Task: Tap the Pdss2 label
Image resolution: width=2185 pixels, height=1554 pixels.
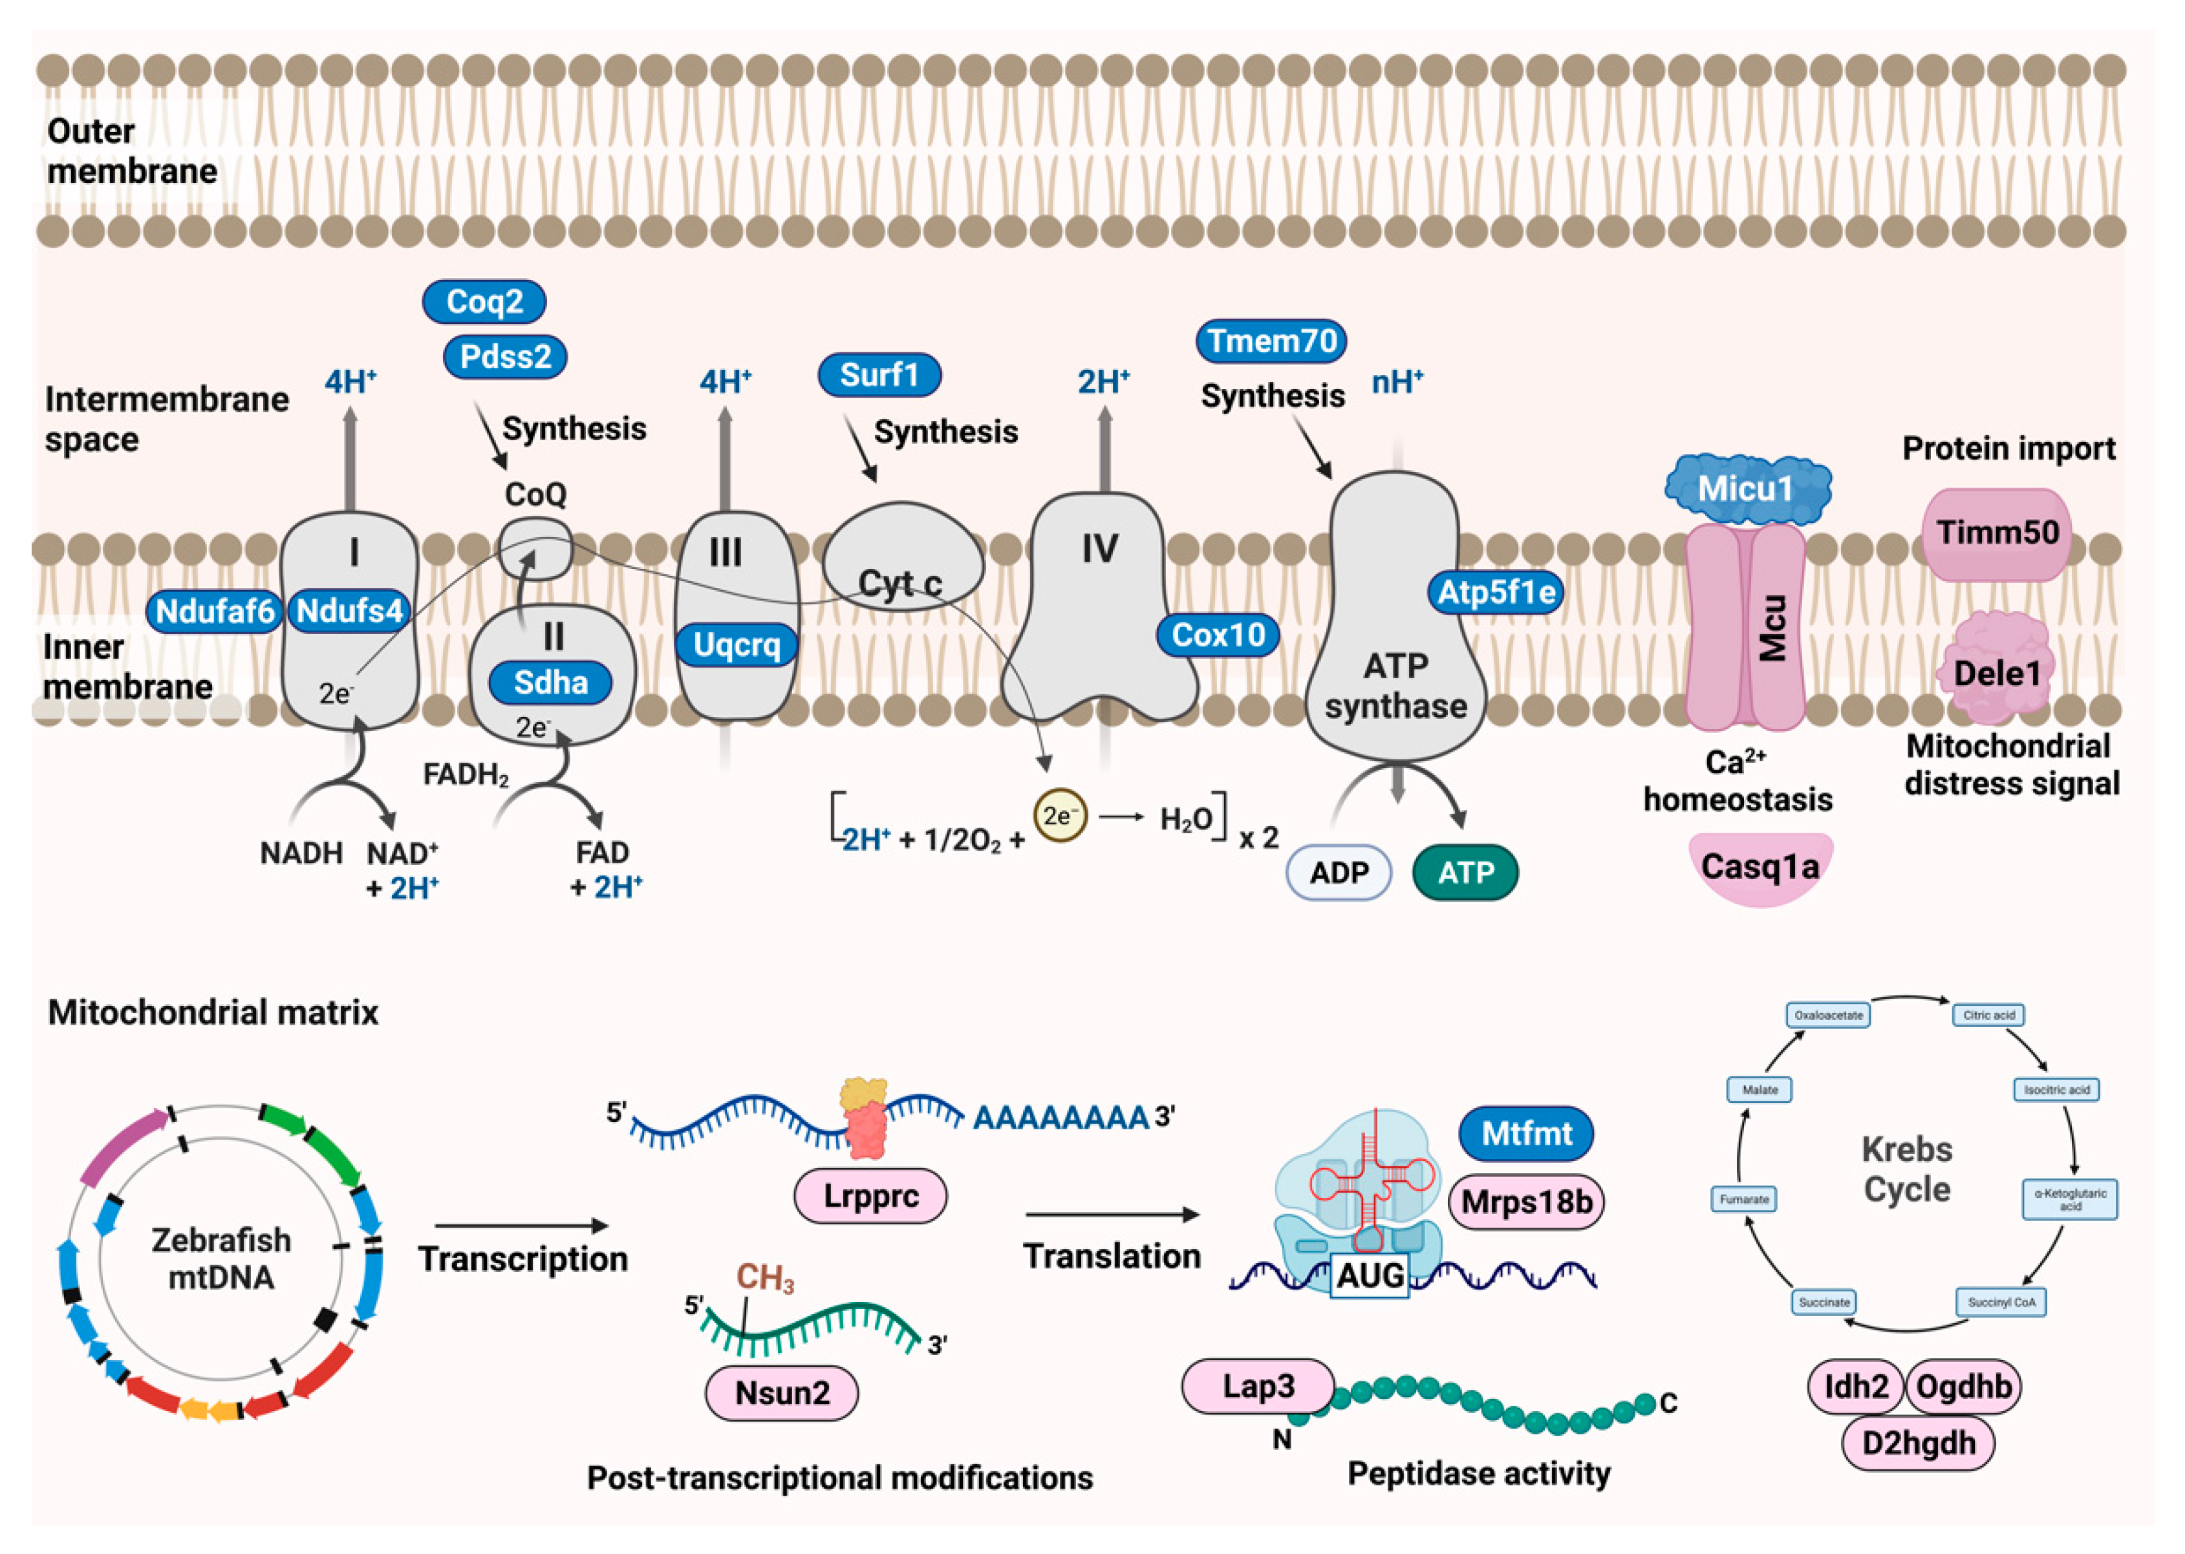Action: (x=505, y=357)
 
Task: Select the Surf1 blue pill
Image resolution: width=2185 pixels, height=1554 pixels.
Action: (x=879, y=374)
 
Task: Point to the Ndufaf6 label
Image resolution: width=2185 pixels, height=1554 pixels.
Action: (x=215, y=610)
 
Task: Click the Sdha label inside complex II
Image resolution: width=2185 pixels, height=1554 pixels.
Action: (x=550, y=682)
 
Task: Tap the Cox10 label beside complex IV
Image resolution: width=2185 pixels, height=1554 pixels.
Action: (x=1218, y=634)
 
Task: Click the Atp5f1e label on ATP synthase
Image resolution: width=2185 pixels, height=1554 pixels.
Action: (x=1496, y=591)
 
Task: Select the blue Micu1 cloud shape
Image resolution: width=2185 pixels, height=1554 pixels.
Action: (x=1747, y=489)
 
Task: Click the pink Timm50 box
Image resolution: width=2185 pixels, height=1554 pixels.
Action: (x=1997, y=533)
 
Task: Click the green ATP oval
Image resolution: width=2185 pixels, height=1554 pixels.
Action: (x=1465, y=872)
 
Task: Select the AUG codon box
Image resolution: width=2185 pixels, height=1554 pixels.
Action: (x=1370, y=1275)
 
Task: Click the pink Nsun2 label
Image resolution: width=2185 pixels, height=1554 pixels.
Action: (x=782, y=1392)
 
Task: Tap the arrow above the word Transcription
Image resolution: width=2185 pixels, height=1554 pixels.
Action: (x=522, y=1226)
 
